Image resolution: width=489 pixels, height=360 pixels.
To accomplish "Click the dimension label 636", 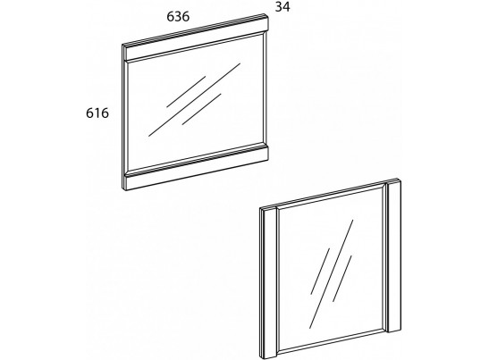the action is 178,16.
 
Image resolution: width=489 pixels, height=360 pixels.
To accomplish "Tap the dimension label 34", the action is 282,7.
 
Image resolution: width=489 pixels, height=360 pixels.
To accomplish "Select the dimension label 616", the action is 97,113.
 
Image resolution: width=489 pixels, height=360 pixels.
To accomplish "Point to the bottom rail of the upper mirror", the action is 195,167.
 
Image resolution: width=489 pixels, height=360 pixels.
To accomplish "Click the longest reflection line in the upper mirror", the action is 194,100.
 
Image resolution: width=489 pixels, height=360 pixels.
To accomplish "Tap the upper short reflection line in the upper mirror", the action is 186,92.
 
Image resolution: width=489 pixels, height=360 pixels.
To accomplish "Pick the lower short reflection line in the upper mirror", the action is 201,109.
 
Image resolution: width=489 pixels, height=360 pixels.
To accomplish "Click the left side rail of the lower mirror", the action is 268,282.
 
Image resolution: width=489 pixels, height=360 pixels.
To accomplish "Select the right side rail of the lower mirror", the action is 393,255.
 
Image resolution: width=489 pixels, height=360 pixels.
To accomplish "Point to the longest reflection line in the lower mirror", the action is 331,274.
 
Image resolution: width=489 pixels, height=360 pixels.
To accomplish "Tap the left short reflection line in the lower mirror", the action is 320,272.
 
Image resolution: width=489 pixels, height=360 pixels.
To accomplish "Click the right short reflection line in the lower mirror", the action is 342,279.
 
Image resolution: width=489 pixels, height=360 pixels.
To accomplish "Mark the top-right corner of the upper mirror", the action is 268,14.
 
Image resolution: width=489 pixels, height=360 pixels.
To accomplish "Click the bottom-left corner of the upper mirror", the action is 122,188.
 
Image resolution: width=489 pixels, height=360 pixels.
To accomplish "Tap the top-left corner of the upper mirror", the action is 122,45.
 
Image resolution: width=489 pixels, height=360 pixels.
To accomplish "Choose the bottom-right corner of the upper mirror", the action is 268,159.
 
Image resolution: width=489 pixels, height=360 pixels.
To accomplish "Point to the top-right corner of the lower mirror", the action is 400,179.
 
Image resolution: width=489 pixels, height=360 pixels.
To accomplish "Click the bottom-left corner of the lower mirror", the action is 260,359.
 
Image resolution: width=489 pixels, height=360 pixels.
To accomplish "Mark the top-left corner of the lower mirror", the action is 259,208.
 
